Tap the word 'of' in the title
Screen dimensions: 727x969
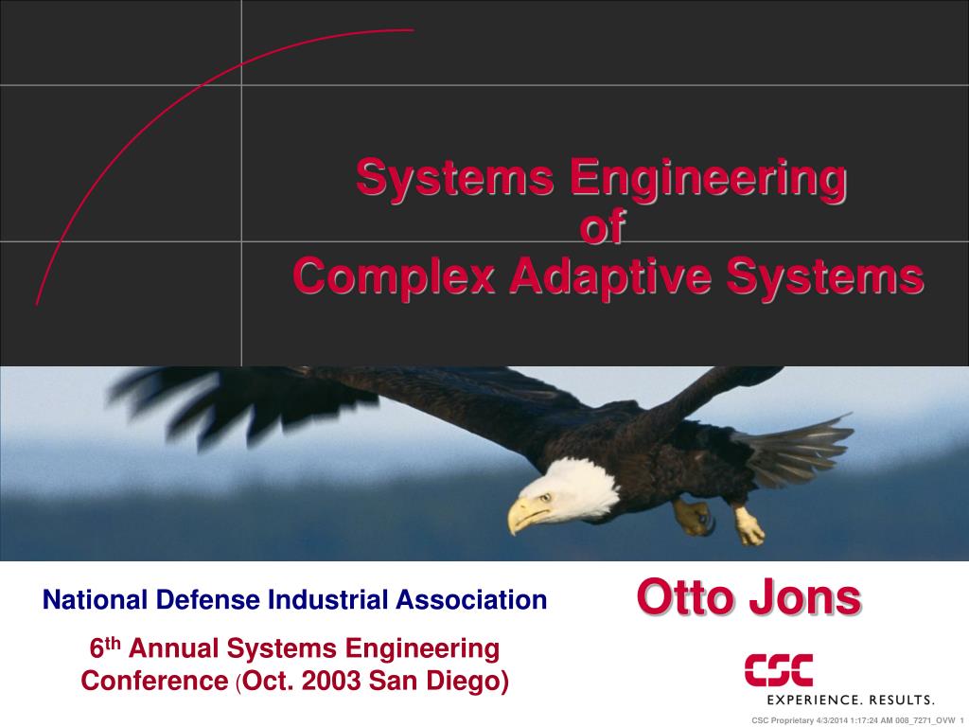click(x=603, y=228)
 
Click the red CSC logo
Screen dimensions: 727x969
click(x=778, y=670)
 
